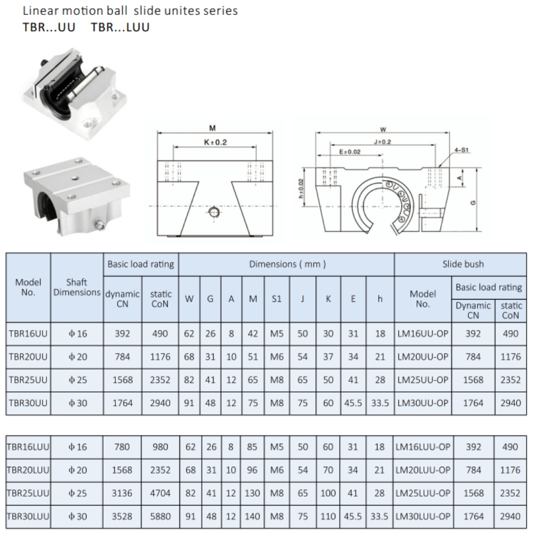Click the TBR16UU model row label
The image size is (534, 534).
click(x=28, y=334)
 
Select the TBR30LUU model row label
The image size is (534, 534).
click(x=28, y=516)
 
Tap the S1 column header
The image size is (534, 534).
click(x=276, y=300)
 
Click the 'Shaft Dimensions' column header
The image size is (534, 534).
click(x=77, y=287)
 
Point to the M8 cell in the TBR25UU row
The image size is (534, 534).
click(x=276, y=380)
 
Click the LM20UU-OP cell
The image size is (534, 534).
click(x=423, y=357)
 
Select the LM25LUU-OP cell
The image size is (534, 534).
click(x=423, y=493)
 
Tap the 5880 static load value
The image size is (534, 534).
click(x=160, y=516)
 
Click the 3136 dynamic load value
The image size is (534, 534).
click(x=122, y=493)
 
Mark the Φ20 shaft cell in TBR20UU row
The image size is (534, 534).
click(x=77, y=357)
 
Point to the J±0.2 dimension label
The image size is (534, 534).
click(x=383, y=142)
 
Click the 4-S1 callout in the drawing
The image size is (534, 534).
click(x=461, y=151)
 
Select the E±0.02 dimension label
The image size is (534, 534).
click(x=350, y=152)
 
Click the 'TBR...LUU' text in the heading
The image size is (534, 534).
click(x=120, y=28)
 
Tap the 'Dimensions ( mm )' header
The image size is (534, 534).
click(x=286, y=264)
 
